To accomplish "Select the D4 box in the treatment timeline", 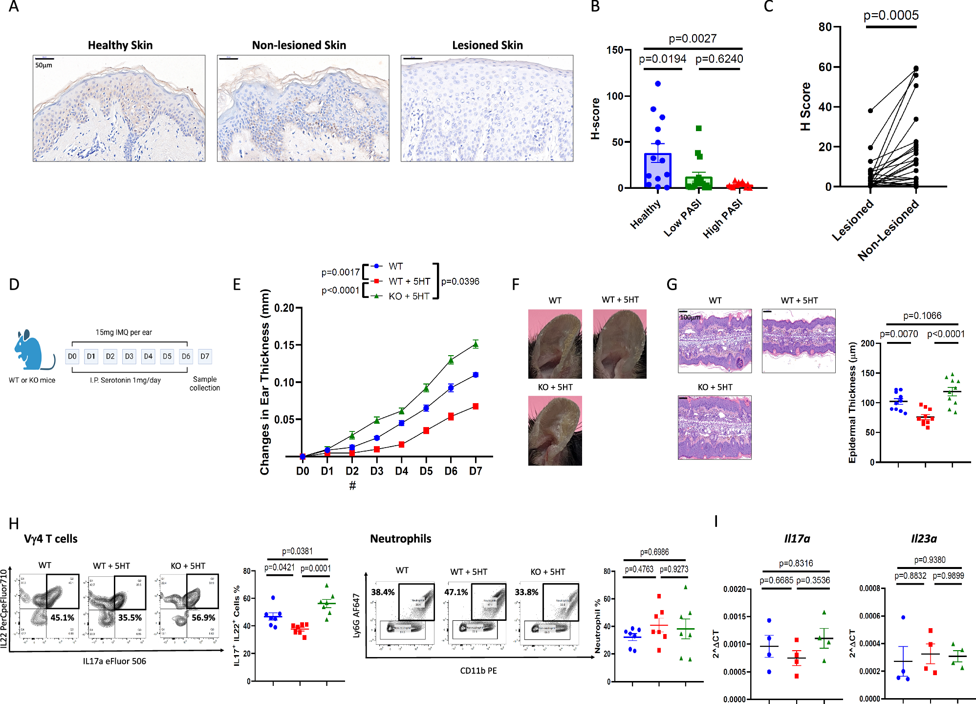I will [x=148, y=356].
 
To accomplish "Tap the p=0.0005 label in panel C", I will [x=891, y=16].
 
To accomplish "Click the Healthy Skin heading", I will [x=120, y=45].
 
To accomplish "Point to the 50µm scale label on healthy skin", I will [x=43, y=65].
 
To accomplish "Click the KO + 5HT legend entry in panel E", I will [x=409, y=296].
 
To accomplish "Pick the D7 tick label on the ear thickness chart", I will [x=475, y=471].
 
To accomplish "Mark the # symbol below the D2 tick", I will [x=352, y=485].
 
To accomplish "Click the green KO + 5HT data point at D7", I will [x=475, y=344].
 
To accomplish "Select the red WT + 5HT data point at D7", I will [x=475, y=406].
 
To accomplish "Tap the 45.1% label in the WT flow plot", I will [x=63, y=618].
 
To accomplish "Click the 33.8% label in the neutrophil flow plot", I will [x=526, y=592].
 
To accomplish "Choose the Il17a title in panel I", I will [x=797, y=539].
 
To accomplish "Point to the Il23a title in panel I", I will [x=924, y=539].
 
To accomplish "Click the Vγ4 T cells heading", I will [x=51, y=539].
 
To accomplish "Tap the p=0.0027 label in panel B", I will [x=693, y=39].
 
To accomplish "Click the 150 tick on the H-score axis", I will [x=614, y=50].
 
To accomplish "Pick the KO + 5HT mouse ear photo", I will [x=555, y=431].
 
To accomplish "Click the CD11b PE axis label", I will [x=478, y=670].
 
